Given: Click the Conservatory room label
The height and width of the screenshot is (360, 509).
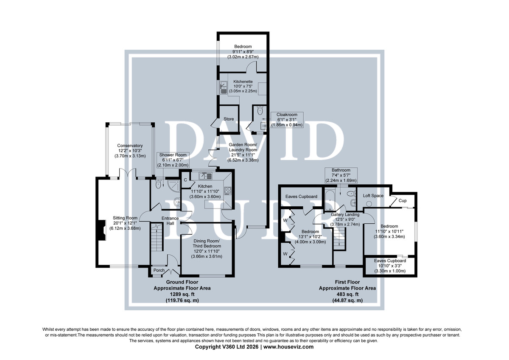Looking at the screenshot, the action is point(130,146).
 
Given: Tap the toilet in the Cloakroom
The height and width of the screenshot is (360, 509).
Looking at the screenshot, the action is point(260,111).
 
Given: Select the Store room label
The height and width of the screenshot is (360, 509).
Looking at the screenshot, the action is point(229,119).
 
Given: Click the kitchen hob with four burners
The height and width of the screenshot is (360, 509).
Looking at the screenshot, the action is point(228,191).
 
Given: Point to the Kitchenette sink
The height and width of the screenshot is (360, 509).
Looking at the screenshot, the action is point(224,88).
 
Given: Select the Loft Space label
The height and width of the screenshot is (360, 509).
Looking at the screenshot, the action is point(373,196).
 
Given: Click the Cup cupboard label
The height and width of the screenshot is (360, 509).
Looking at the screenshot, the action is point(403,200).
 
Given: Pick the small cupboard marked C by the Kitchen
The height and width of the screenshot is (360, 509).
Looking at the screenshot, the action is point(186,180).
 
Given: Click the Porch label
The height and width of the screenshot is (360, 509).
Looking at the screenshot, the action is point(159,270).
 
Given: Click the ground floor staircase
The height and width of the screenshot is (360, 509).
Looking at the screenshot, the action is point(157,237).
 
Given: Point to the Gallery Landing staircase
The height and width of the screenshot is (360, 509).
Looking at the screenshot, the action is point(340,239).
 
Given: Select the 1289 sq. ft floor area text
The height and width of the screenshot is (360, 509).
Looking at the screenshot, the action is point(182,294).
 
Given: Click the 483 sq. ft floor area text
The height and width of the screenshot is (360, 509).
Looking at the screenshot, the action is point(347,294).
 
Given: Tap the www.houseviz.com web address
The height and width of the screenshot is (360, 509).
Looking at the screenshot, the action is point(288,347).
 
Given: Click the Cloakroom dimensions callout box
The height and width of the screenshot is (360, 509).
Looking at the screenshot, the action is point(287,120).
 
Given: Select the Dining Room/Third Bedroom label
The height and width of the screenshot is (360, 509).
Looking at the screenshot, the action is point(207,244).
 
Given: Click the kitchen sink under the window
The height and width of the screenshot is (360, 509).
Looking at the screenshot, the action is point(205,176).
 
